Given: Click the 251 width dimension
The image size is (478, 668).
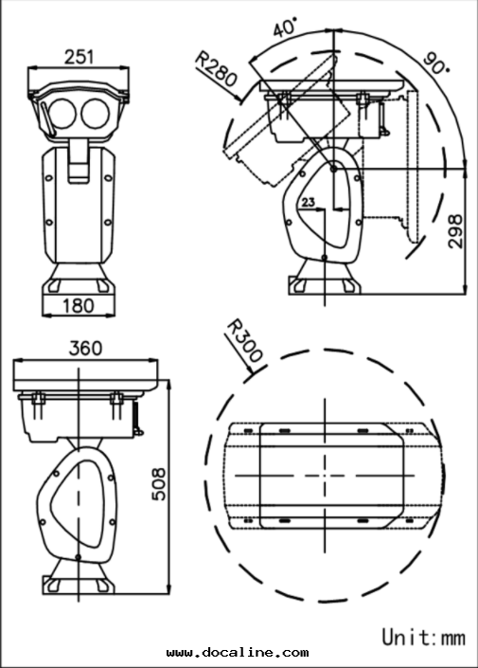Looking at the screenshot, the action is (79, 57).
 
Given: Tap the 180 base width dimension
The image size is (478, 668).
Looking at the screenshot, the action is (79, 305).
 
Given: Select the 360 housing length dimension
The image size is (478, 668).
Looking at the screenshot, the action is (85, 349).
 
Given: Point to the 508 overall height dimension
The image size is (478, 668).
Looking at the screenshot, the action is (159, 484).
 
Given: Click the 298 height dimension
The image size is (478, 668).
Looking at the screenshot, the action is (455, 231).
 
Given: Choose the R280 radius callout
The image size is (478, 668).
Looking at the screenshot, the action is (216, 68).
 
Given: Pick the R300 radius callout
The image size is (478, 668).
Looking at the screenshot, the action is (245, 342).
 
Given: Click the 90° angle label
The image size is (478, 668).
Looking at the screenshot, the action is (435, 63).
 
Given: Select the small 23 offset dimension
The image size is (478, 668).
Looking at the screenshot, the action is (308, 202).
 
